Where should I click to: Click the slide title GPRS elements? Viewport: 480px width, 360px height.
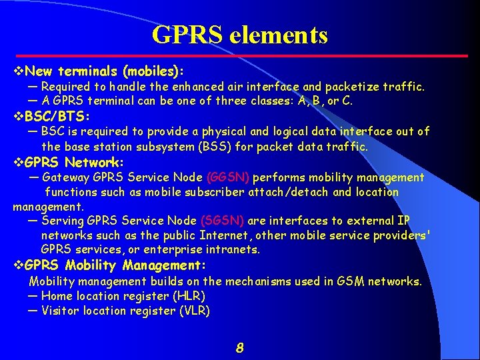coord(240,35)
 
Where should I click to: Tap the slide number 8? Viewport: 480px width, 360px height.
coord(240,347)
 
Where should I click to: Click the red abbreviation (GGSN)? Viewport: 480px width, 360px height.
coord(229,178)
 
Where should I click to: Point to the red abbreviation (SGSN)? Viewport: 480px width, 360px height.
coord(222,221)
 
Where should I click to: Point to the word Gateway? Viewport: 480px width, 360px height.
coord(66,178)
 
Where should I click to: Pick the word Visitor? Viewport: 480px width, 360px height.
coord(61,311)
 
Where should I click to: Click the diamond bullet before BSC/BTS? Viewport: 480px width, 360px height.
coord(19,117)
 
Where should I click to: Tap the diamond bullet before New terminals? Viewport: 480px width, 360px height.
coord(19,71)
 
